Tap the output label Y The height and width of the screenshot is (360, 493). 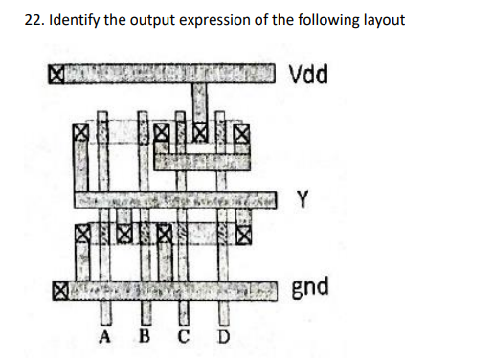pos(303,200)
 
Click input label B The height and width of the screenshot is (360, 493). pos(146,336)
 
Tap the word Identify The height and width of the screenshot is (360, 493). pos(78,20)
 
